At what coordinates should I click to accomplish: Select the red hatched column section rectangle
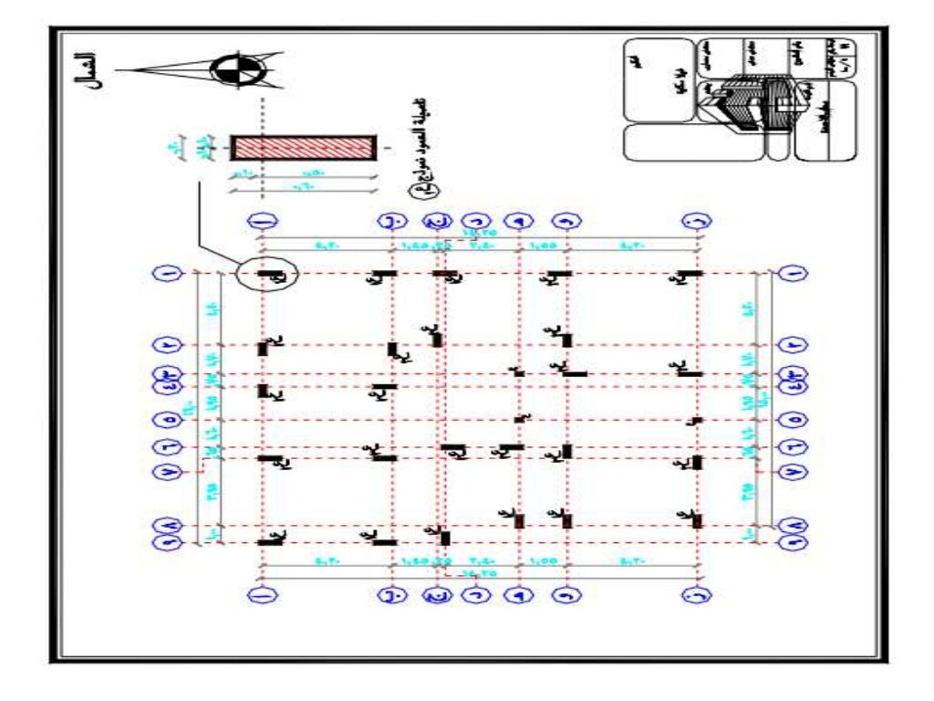pos(302,148)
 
